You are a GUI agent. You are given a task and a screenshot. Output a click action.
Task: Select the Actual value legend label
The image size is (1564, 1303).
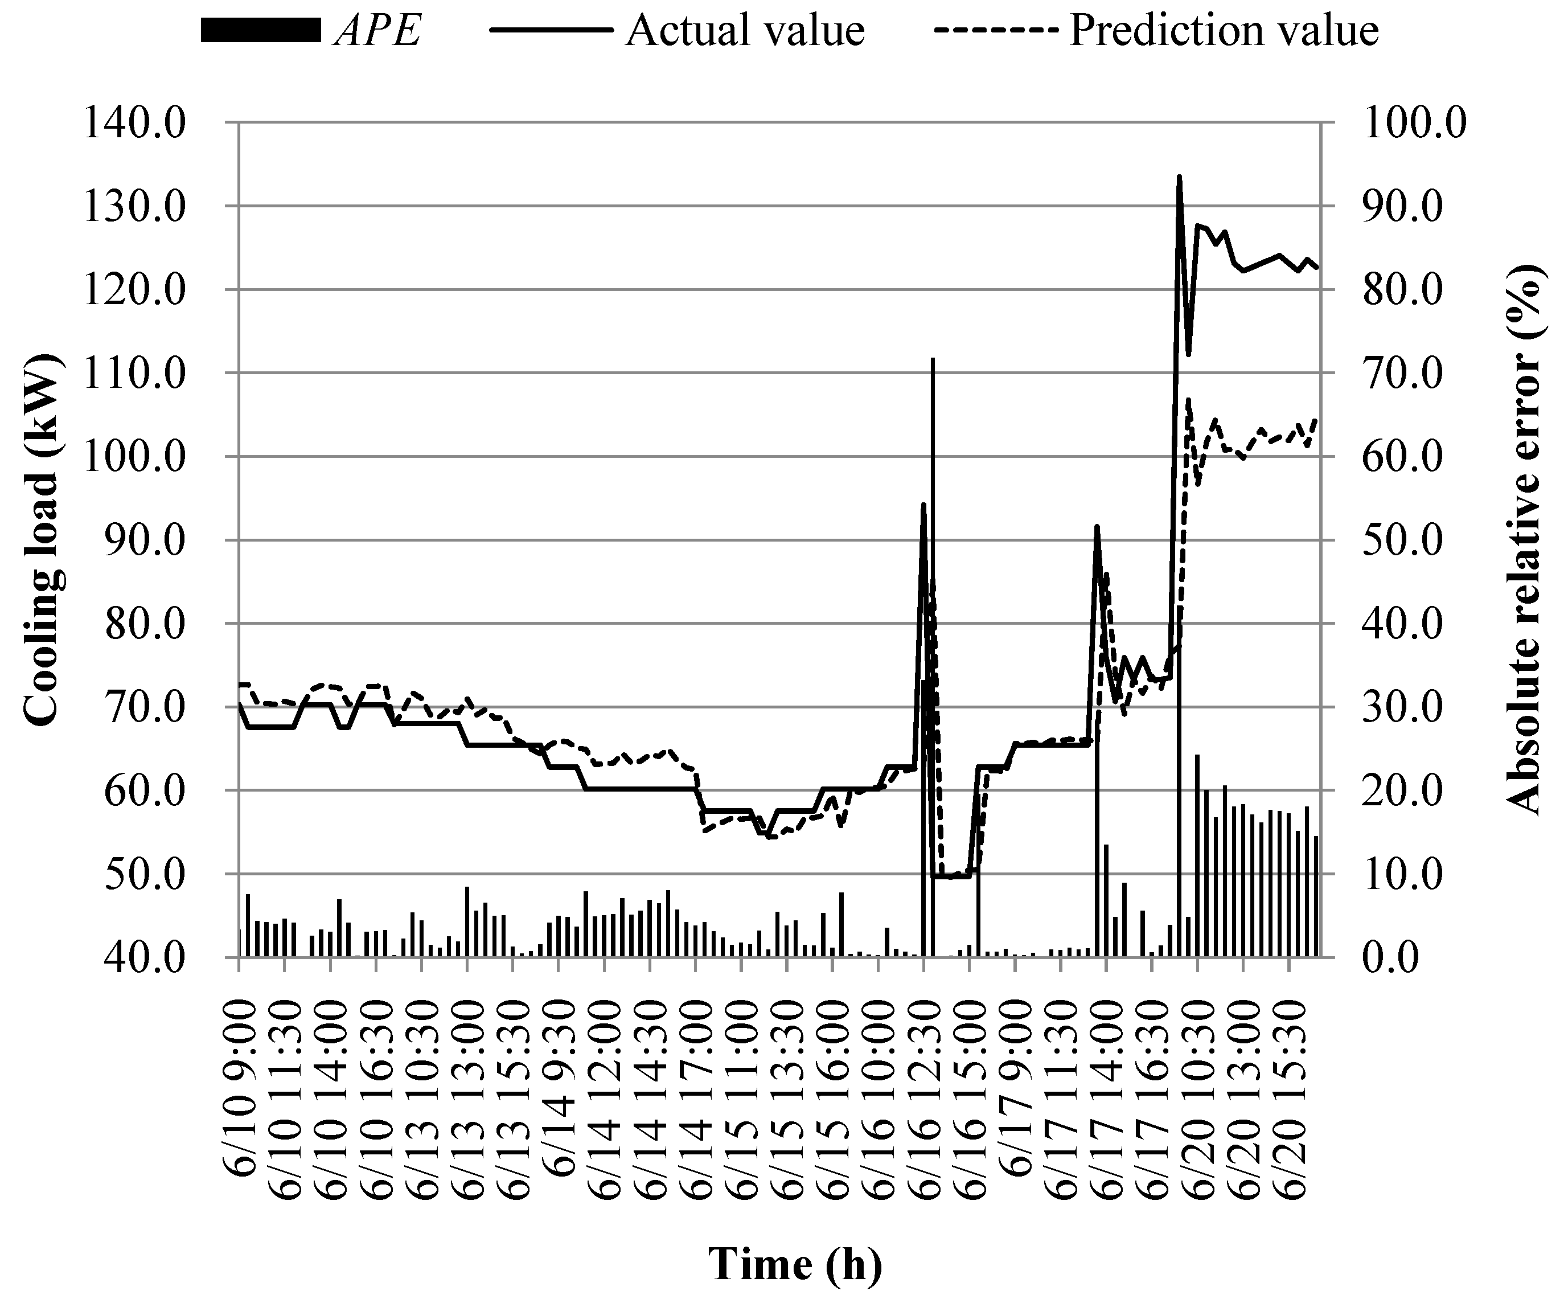pos(745,31)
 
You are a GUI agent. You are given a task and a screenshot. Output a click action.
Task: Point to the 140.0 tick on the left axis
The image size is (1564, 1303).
pos(134,122)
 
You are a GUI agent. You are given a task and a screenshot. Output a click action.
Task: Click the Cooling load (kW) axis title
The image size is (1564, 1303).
pos(42,539)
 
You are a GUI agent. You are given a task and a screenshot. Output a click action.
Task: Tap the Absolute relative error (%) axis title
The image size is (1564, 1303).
pos(1522,539)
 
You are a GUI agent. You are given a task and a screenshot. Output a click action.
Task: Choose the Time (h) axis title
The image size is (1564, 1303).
pos(795,1264)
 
